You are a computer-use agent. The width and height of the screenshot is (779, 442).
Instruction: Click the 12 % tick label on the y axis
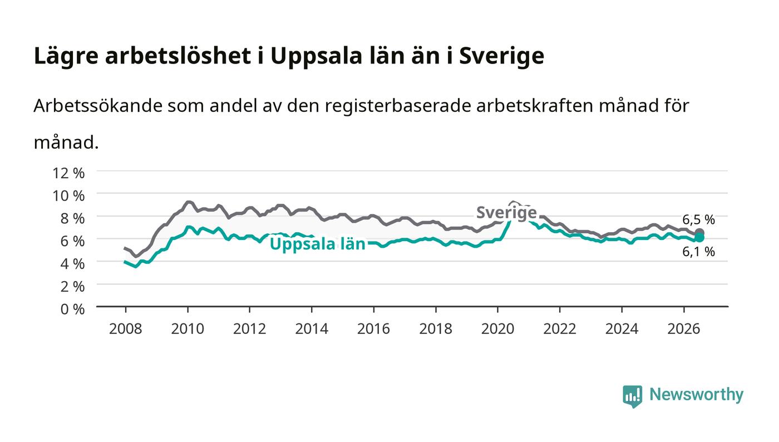click(68, 173)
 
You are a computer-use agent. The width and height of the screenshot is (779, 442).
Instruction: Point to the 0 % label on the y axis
click(72, 309)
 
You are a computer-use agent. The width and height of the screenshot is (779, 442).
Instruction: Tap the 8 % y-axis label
click(72, 219)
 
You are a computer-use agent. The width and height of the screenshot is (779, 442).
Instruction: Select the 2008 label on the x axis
click(125, 329)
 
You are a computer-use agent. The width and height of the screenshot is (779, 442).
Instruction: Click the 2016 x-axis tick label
click(373, 329)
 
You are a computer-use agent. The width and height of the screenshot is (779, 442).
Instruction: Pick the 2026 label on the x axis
click(684, 329)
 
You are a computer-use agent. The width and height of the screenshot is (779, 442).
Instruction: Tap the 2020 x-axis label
click(497, 329)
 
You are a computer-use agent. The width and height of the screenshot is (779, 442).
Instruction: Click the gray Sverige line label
click(506, 212)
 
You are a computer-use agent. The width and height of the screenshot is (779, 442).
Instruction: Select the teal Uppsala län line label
click(318, 244)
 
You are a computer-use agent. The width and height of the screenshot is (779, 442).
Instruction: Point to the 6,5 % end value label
click(699, 219)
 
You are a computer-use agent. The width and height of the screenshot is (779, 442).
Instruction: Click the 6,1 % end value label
click(699, 252)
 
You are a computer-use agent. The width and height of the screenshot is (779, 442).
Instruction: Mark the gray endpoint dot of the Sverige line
click(699, 233)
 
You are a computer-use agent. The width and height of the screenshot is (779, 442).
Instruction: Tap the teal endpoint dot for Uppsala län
click(699, 238)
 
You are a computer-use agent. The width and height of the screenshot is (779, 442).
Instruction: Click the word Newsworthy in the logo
click(696, 395)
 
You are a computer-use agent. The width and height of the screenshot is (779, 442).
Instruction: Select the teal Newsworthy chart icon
click(632, 396)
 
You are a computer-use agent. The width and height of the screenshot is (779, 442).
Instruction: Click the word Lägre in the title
click(66, 56)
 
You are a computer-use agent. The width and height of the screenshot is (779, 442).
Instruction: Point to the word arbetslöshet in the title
click(178, 56)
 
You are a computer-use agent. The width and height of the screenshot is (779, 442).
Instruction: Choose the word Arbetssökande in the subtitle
click(98, 106)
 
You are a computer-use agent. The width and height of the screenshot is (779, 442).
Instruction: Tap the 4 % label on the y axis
click(72, 264)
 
